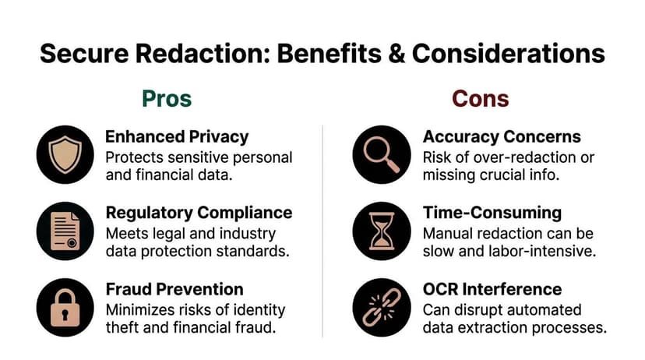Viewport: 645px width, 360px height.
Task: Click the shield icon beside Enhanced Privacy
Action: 65,154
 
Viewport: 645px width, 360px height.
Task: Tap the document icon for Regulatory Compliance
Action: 65,231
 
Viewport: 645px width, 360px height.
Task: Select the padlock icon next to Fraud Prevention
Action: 65,306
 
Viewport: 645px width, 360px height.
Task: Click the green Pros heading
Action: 166,99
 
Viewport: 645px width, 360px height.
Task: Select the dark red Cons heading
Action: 481,99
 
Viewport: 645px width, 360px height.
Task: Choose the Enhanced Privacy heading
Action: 177,136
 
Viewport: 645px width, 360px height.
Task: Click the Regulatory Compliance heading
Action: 199,213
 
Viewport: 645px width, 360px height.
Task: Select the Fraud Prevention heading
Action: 174,289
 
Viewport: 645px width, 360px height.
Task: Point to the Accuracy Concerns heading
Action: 502,136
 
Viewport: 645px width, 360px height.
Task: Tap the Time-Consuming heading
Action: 491,213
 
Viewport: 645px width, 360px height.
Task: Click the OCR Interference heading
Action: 492,289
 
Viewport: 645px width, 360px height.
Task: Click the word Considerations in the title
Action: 508,53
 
